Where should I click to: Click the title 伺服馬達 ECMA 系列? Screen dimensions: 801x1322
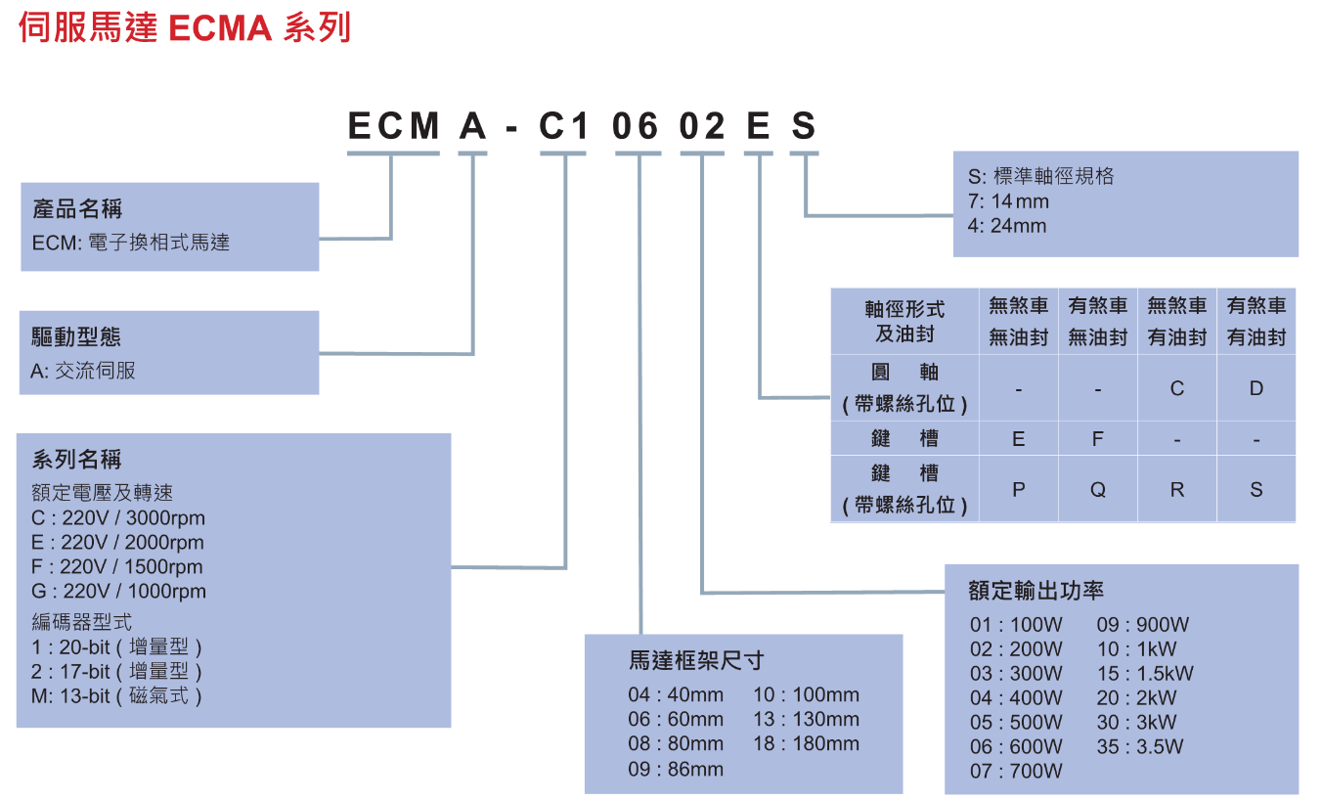pyautogui.click(x=184, y=27)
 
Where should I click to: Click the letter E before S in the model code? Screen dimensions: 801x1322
pyautogui.click(x=758, y=126)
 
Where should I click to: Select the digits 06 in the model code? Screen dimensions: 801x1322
pyautogui.click(x=638, y=126)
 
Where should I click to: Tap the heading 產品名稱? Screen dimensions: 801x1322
pyautogui.click(x=78, y=209)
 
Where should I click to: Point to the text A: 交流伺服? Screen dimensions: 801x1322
pyautogui.click(x=84, y=371)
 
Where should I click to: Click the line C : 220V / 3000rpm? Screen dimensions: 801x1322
pyautogui.click(x=118, y=518)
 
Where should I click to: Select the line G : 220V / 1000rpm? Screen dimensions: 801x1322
pyautogui.click(x=119, y=592)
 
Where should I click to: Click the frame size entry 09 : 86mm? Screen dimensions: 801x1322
pyautogui.click(x=676, y=769)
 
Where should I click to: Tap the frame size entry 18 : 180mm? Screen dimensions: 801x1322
pyautogui.click(x=806, y=744)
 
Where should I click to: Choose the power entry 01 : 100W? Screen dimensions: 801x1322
pyautogui.click(x=1016, y=625)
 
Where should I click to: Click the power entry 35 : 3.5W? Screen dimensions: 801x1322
pyautogui.click(x=1140, y=747)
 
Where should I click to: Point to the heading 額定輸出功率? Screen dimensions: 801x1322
pyautogui.click(x=1036, y=591)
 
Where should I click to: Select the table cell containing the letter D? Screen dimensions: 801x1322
pyautogui.click(x=1256, y=388)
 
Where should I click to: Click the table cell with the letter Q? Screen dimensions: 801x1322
pyautogui.click(x=1098, y=489)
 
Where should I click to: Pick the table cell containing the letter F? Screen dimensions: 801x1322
pyautogui.click(x=1098, y=439)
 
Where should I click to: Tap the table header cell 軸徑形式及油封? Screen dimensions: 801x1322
pyautogui.click(x=904, y=321)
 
